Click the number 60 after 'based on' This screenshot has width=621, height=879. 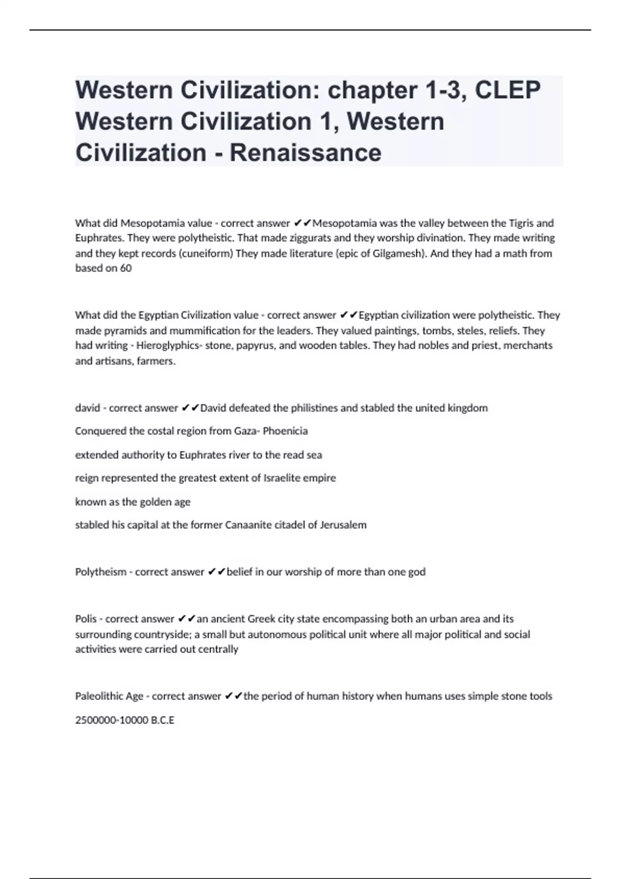pos(126,268)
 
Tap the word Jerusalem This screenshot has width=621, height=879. pos(343,525)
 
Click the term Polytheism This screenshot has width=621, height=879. pos(100,572)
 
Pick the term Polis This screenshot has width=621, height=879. pos(86,619)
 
